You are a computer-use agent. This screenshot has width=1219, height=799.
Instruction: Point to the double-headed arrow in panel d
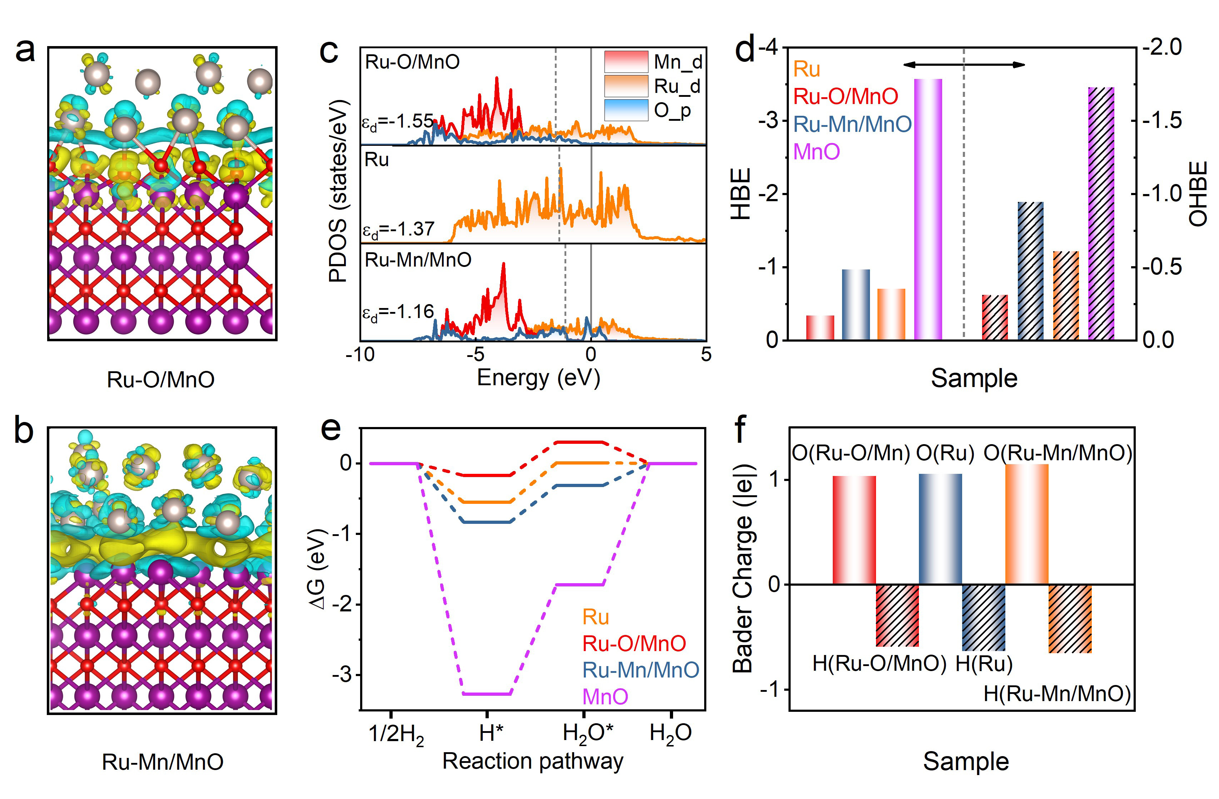coord(964,65)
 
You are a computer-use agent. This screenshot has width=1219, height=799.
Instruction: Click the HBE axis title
coord(741,194)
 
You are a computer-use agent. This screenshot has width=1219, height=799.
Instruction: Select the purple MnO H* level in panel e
coord(487,694)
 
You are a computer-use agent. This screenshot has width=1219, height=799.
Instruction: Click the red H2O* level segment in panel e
coord(580,442)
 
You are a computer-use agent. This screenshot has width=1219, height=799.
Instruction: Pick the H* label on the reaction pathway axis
coord(491,733)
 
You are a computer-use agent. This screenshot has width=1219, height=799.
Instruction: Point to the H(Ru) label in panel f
coord(984,664)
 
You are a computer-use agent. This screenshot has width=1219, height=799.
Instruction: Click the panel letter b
coord(24,431)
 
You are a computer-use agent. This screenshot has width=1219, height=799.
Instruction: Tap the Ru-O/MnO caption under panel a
coord(160,379)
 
